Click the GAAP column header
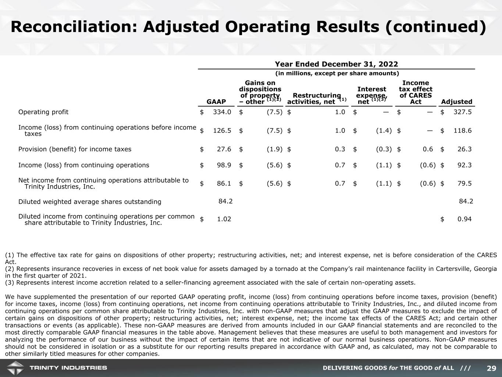[x=216, y=102]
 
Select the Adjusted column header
[x=456, y=102]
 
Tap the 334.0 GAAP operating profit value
[x=222, y=112]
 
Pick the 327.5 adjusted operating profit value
[x=463, y=112]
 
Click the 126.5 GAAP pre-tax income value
[x=222, y=130]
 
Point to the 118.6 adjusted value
[x=463, y=130]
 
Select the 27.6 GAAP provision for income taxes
[x=224, y=149]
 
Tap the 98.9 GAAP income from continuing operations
[x=224, y=165]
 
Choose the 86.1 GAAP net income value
[x=224, y=183]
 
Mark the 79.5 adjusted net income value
[x=464, y=183]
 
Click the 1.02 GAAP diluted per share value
[x=224, y=219]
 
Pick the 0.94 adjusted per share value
[x=464, y=219]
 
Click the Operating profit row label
[x=43, y=112]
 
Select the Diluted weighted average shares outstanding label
[x=90, y=202]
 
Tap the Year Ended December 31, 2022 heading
[x=337, y=64]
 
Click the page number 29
[x=491, y=368]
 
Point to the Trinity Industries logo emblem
[x=15, y=368]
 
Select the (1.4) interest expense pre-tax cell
[x=384, y=130]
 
